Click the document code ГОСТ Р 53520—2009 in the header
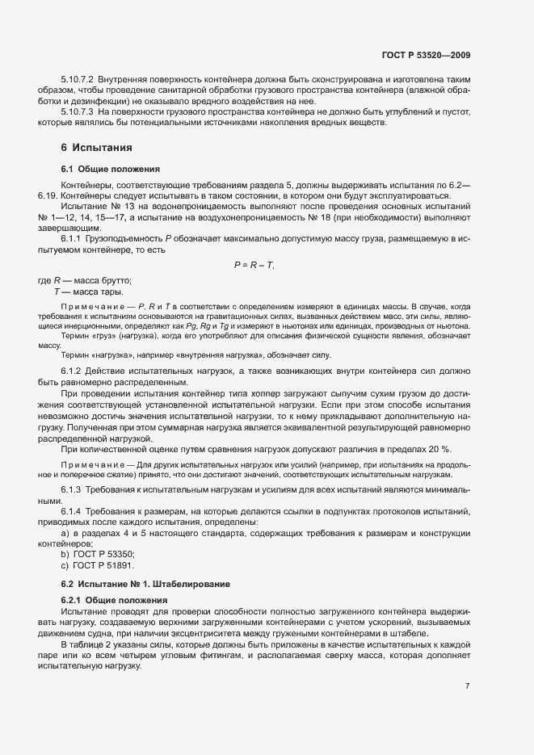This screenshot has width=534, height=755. point(426,56)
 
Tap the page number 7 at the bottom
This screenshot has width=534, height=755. point(468,686)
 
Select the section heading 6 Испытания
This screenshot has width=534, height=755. point(91,148)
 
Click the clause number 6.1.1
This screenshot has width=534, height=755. point(73,239)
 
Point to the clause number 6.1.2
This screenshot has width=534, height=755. point(73,370)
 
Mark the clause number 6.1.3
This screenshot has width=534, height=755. point(73,490)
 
